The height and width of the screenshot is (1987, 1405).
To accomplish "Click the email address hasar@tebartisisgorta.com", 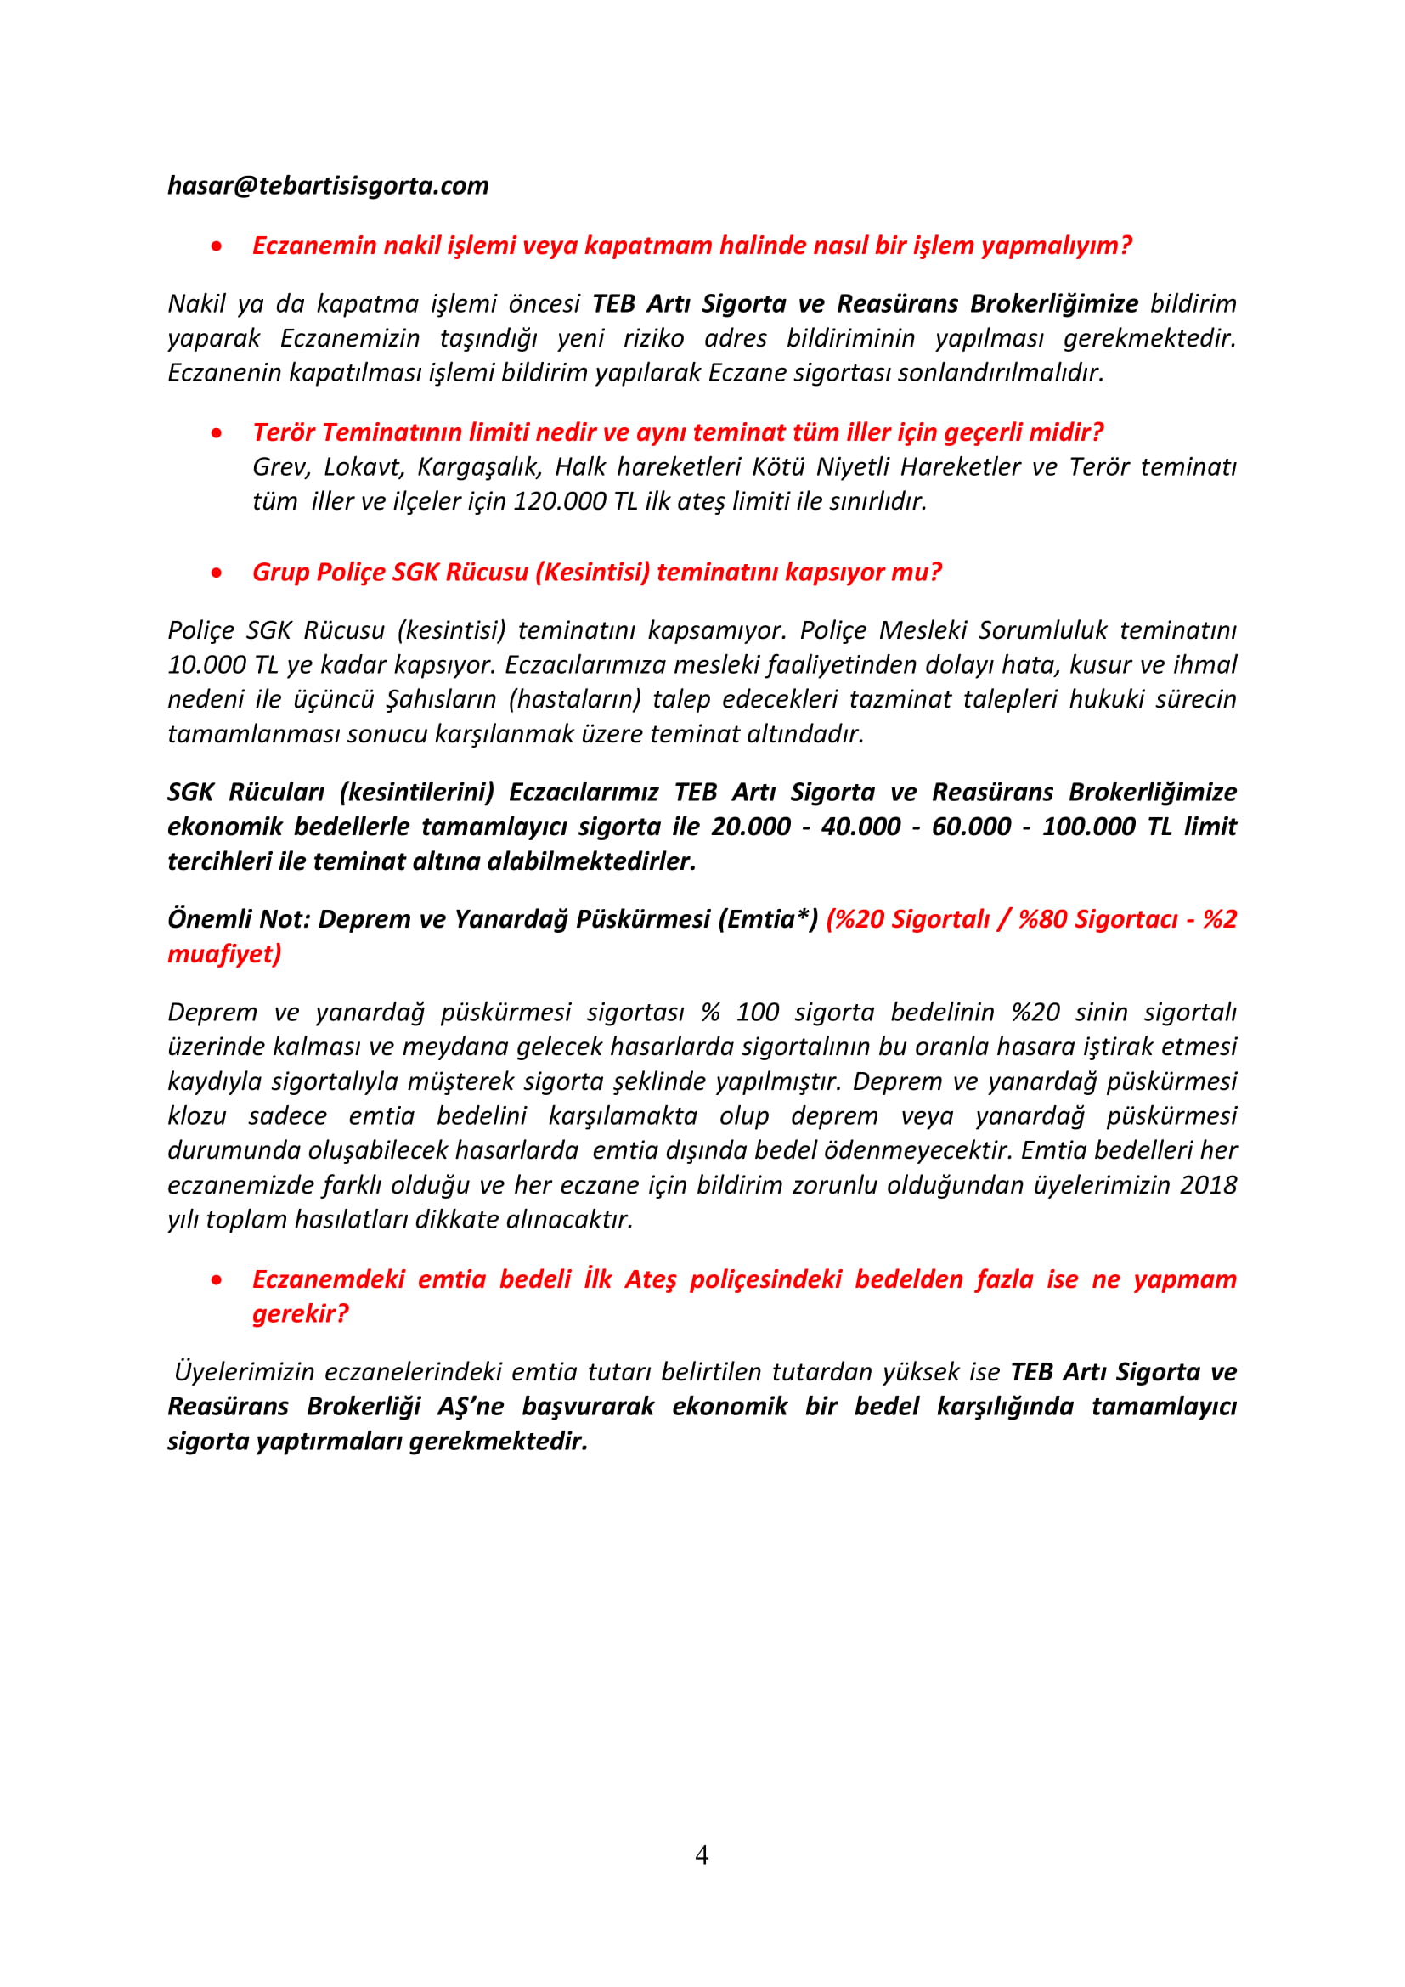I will [x=328, y=186].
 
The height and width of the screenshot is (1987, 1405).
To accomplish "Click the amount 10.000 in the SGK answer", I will [x=206, y=664].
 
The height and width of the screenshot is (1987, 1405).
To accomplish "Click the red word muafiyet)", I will [x=224, y=954].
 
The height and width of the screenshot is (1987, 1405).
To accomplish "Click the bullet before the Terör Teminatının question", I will [x=217, y=432].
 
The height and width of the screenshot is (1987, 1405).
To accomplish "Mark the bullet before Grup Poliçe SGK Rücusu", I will [x=217, y=573].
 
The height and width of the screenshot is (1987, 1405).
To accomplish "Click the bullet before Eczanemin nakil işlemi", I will [x=217, y=246].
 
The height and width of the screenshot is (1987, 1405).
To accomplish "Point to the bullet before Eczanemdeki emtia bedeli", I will [x=217, y=1280].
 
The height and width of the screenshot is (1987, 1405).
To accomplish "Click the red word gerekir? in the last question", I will [x=300, y=1313].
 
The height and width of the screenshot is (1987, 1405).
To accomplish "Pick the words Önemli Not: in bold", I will [x=239, y=919].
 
